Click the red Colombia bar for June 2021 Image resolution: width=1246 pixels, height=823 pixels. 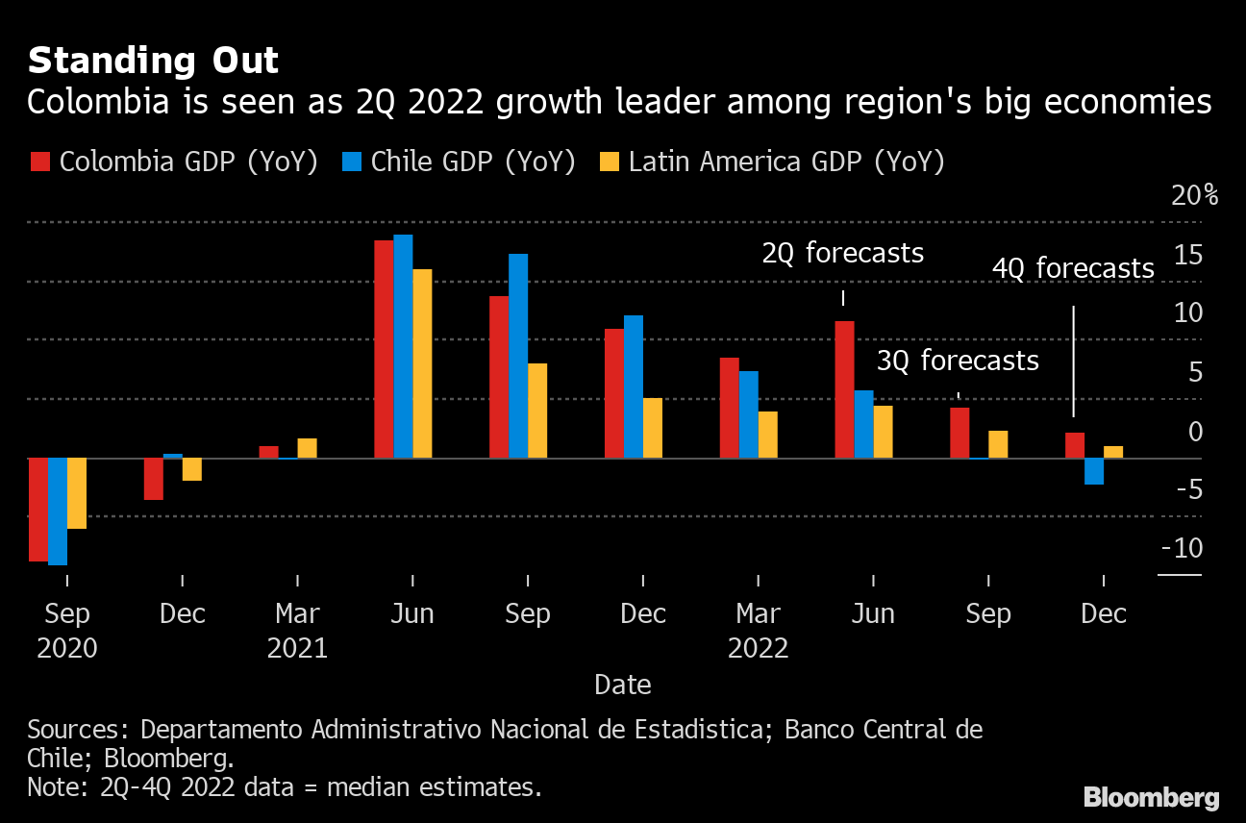[x=384, y=349]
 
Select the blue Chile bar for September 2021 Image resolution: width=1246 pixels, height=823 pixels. [x=518, y=356]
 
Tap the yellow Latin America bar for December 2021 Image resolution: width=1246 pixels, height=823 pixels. [x=653, y=428]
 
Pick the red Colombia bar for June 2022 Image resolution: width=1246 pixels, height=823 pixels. [x=844, y=389]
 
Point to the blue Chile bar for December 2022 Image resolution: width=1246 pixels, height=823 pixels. [x=1094, y=471]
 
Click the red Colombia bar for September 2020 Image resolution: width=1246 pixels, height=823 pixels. [x=37, y=510]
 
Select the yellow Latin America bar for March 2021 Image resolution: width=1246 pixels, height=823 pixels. [x=307, y=448]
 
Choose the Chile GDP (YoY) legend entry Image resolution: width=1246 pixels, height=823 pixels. [x=459, y=162]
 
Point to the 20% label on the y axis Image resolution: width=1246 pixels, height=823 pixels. [x=1194, y=196]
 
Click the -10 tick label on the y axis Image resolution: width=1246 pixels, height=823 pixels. [x=1182, y=549]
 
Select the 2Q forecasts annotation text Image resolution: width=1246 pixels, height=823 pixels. [x=842, y=253]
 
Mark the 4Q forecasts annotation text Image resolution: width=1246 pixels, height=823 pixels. [x=1073, y=268]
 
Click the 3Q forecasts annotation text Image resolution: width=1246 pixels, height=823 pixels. [x=958, y=361]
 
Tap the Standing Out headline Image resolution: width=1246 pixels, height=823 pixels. [x=153, y=62]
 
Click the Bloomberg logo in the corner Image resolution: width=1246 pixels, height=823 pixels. [x=1151, y=797]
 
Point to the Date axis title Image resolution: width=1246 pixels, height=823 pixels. [x=623, y=685]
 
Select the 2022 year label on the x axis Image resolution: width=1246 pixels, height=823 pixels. [x=758, y=648]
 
